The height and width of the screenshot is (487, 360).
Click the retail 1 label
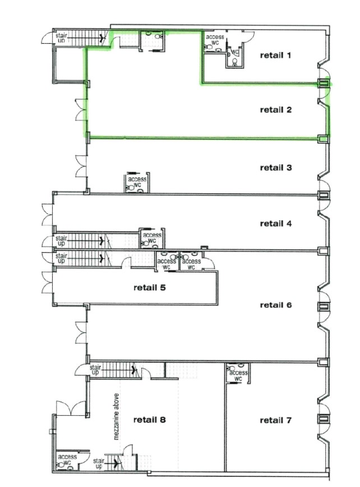pos(275,55)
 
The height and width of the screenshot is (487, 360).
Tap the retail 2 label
pos(276,110)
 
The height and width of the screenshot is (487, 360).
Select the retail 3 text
pos(276,168)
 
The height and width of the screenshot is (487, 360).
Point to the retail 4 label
pos(276,224)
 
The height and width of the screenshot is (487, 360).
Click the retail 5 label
pos(150,287)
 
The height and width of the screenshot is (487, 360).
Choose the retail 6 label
pos(276,305)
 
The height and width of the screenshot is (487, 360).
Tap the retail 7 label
pos(276,420)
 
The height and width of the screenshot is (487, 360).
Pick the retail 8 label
pos(150,420)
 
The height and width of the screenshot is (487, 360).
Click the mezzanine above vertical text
pos(116,416)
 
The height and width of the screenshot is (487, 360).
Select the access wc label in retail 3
pos(137,182)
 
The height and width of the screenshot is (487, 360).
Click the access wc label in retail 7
pos(238,375)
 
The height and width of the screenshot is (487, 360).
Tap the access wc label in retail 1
pos(215,40)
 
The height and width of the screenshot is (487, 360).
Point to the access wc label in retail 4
pos(152,238)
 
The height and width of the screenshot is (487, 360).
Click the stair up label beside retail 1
pos(61,38)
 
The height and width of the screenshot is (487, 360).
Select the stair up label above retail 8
pos(95,370)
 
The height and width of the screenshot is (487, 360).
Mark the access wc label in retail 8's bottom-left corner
pos(67,460)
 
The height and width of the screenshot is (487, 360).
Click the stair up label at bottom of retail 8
pos(99,463)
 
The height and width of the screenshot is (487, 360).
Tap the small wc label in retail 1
pos(235,52)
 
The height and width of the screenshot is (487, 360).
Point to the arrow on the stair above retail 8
pos(118,370)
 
